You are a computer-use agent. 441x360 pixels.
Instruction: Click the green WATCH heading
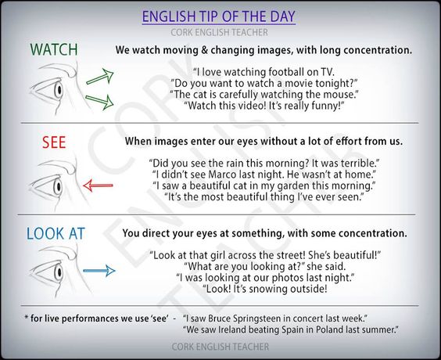[x=54, y=49]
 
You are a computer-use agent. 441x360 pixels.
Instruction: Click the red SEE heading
[x=53, y=142]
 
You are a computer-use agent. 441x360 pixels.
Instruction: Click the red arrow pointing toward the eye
[x=98, y=185]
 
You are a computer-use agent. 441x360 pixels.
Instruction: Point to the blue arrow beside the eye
[x=99, y=271]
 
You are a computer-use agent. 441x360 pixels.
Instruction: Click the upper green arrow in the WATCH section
[x=99, y=77]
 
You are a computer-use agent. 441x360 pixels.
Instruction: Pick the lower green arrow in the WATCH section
[x=99, y=100]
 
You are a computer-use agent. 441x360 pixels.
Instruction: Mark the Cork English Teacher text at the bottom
[x=220, y=345]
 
